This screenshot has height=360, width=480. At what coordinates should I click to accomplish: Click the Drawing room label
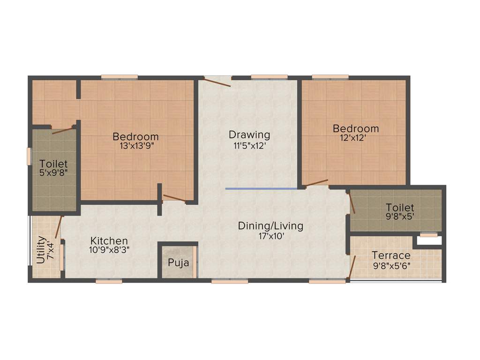pos(249,135)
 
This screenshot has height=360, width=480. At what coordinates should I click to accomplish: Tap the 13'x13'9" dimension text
pos(136,146)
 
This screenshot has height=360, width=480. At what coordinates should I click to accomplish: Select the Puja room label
pos(178,262)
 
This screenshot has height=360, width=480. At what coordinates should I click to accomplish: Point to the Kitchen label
pos(109,241)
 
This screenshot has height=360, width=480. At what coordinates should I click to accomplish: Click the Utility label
pos(41,250)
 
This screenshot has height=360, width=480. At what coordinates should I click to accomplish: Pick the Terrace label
pos(391,255)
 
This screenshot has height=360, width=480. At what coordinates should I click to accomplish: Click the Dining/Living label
pos(270,226)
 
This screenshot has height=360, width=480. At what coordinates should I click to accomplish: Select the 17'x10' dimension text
pos(270,236)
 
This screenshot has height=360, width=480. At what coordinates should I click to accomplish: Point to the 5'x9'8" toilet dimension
pos(53,173)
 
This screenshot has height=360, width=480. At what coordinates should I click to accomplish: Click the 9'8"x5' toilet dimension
pos(400,217)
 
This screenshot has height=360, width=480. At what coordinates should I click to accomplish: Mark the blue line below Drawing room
pos(261,188)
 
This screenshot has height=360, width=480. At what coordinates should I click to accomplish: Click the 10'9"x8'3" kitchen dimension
pos(109,250)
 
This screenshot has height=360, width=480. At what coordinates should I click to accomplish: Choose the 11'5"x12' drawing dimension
pos(249,145)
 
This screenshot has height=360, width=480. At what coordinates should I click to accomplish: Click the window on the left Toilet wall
pos(29,156)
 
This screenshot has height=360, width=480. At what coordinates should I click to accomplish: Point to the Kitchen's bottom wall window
pos(109,281)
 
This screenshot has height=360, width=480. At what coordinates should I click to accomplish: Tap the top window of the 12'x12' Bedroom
pos(330,77)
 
